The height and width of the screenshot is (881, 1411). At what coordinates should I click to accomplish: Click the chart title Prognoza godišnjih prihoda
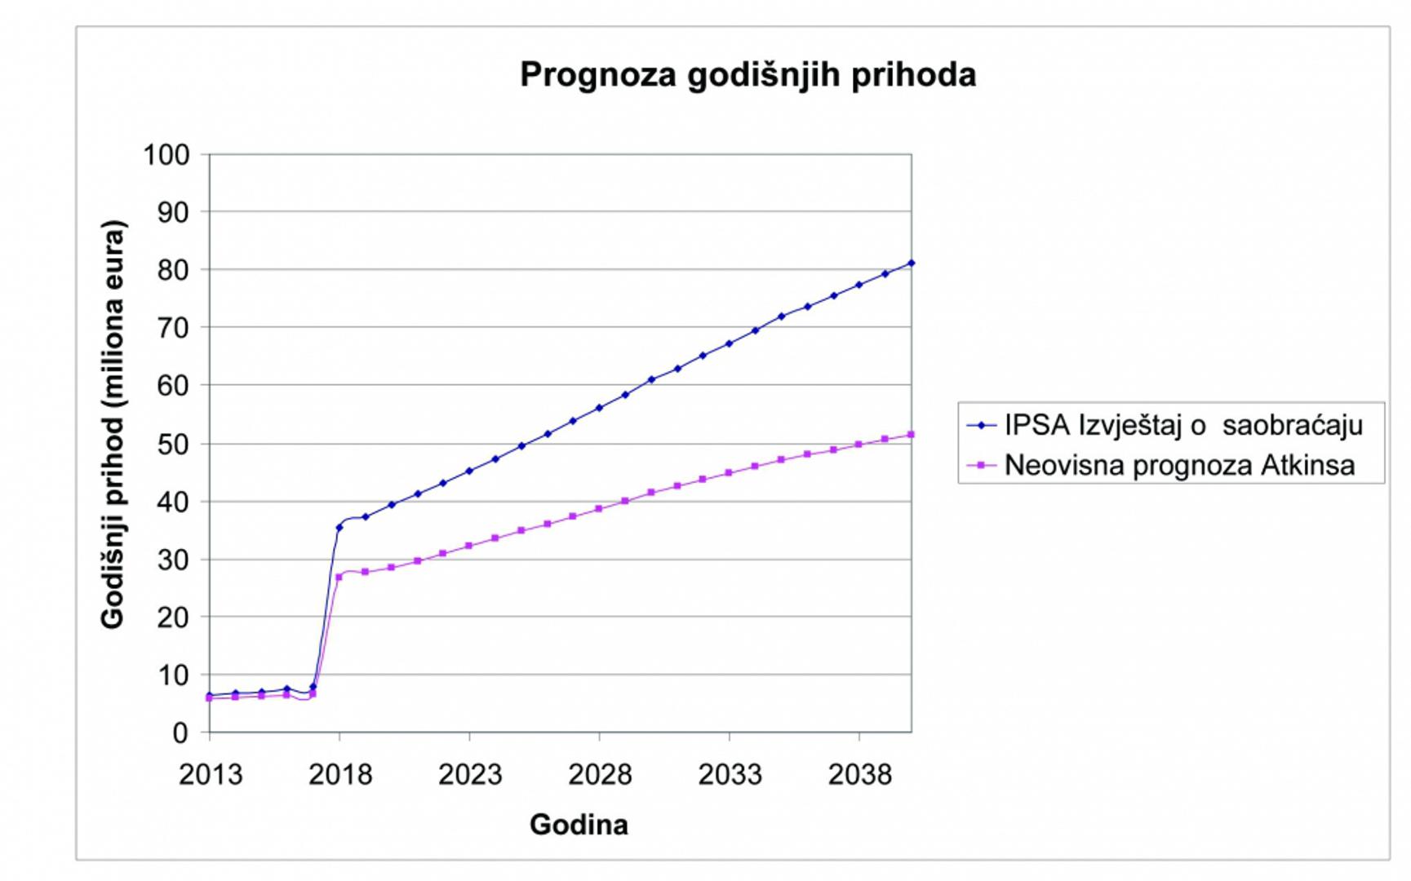[x=748, y=75]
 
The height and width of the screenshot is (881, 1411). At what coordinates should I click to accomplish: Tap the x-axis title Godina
[x=579, y=825]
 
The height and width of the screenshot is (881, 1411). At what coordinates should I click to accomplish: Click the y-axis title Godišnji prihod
[x=113, y=424]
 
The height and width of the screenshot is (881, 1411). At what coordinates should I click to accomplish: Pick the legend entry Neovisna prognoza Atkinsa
[x=1179, y=465]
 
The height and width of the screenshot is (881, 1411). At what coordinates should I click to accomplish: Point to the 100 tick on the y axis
[x=166, y=154]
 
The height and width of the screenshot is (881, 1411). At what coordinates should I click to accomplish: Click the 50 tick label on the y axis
[x=172, y=444]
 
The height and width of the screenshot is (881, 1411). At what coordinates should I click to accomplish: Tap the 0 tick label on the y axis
[x=180, y=733]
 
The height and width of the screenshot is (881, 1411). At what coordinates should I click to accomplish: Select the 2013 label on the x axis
[x=210, y=774]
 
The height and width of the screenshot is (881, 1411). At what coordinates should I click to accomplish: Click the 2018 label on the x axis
[x=339, y=774]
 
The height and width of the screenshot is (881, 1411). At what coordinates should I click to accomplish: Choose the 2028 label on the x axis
[x=600, y=774]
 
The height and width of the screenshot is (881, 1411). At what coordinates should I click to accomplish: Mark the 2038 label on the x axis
[x=859, y=774]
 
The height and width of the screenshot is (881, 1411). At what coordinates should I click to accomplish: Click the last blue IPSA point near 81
[x=911, y=263]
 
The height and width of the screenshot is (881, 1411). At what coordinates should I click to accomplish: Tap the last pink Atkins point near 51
[x=911, y=435]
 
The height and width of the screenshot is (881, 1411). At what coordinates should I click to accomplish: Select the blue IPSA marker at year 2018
[x=339, y=528]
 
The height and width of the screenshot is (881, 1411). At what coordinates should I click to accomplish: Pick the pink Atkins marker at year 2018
[x=339, y=578]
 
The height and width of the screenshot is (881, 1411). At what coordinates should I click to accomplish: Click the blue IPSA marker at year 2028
[x=599, y=408]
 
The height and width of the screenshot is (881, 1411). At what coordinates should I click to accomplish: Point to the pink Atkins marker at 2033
[x=729, y=473]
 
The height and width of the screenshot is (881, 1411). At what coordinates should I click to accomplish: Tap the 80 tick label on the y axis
[x=172, y=270]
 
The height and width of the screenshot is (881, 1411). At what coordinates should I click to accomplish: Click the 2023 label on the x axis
[x=470, y=774]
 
